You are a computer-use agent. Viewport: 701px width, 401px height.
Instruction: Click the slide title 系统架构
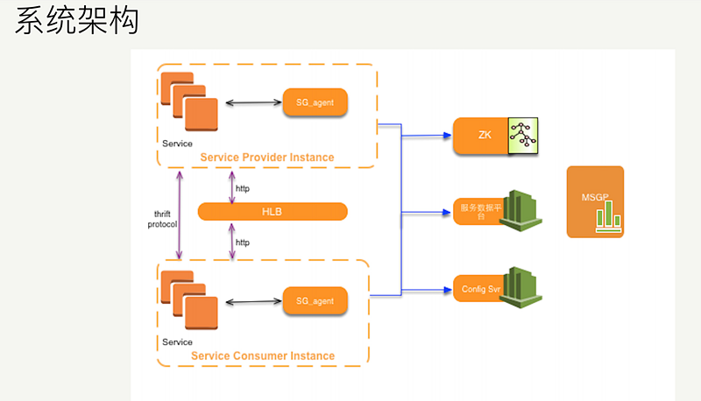[x=77, y=22]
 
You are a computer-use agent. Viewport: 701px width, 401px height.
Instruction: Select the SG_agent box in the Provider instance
[x=315, y=102]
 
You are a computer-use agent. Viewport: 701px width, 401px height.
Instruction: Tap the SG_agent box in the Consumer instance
[x=315, y=301]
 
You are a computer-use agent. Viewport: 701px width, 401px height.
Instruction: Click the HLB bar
[x=272, y=211]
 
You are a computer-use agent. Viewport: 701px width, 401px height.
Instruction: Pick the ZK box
[x=483, y=135]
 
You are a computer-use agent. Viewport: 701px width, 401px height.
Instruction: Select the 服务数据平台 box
[x=478, y=211]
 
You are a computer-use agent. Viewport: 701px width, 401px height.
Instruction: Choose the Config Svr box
[x=476, y=288]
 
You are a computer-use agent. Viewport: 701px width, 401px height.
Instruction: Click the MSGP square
[x=595, y=201]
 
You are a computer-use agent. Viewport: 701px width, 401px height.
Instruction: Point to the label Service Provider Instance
[x=266, y=158]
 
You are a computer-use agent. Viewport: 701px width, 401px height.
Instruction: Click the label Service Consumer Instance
[x=262, y=356]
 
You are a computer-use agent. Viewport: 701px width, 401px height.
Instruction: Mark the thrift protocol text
[x=162, y=219]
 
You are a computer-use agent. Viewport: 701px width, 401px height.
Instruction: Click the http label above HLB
[x=243, y=187]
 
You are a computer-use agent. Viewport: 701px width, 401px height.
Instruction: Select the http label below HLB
[x=243, y=242]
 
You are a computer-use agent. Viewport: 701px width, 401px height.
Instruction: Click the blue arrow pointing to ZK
[x=427, y=136]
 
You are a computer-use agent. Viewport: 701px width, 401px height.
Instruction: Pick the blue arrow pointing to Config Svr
[x=427, y=288]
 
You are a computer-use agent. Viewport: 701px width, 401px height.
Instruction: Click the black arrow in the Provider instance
[x=252, y=103]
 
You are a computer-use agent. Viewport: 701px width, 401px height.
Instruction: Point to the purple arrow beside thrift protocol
[x=180, y=215]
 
